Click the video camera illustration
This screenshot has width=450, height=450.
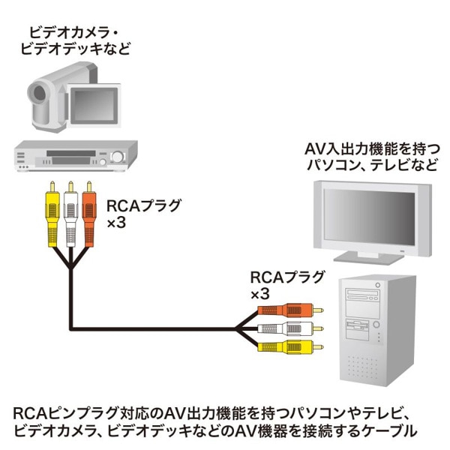click(71, 97)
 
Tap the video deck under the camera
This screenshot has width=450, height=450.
click(73, 155)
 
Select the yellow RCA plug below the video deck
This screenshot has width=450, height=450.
click(52, 217)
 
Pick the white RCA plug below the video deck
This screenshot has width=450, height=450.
click(71, 217)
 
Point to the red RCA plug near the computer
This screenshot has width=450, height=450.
click(288, 309)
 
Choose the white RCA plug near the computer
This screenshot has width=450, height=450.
click(288, 328)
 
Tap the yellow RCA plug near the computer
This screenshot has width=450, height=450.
click(288, 346)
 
